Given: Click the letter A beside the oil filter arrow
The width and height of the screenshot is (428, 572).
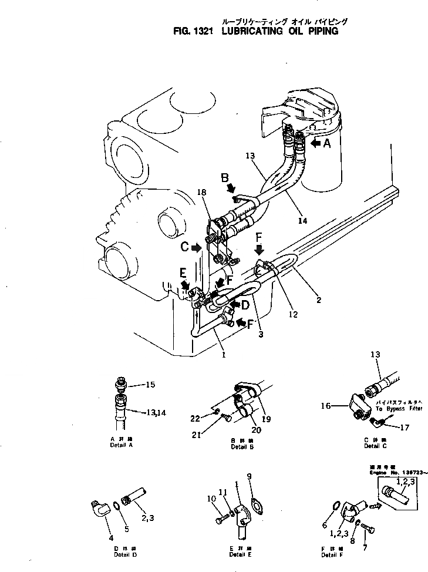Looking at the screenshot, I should coord(327,142).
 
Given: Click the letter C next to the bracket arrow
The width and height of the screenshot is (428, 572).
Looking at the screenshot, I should coord(184,247).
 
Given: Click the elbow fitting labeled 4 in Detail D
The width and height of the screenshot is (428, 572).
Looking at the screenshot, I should coord(99,507).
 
